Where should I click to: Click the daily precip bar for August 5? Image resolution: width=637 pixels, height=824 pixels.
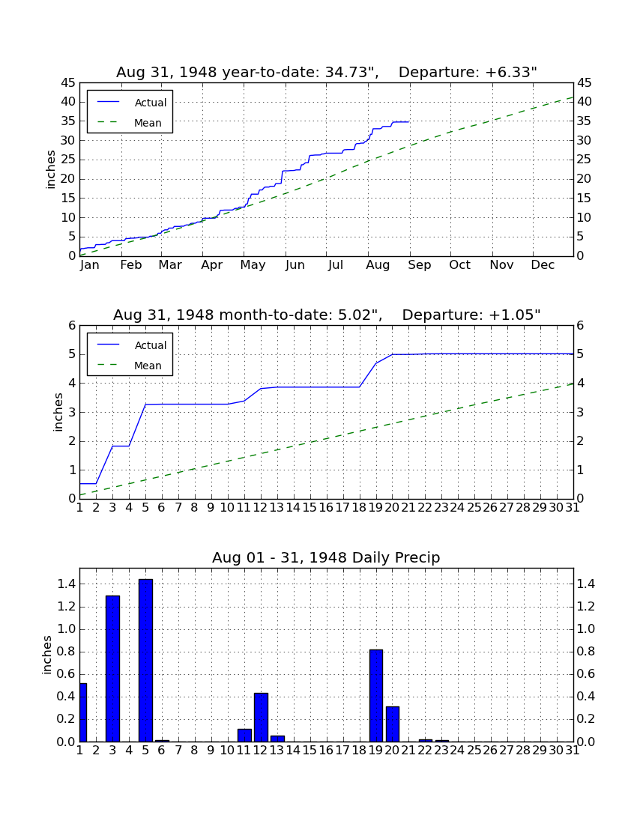pos(145,660)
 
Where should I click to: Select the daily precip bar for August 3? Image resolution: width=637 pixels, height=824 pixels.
pos(112,668)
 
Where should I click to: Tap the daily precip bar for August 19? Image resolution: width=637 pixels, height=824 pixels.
pos(375,695)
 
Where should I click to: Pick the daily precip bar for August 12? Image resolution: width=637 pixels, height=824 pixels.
pos(261,718)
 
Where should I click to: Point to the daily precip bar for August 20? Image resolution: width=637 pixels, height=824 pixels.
pos(393,724)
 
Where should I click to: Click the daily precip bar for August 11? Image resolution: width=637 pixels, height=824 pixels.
pos(244,735)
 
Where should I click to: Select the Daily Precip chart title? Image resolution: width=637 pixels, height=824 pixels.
pos(326,557)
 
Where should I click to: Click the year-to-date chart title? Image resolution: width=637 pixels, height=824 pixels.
pos(327,72)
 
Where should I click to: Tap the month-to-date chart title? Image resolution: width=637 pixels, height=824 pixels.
pos(327,315)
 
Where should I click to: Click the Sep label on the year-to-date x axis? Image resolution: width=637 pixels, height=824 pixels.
pos(420,265)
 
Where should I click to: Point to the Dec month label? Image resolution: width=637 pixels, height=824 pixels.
pos(543,265)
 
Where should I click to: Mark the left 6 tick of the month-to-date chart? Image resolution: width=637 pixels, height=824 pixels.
pos(73,325)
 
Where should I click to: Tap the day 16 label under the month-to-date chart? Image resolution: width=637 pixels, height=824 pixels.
pos(326,508)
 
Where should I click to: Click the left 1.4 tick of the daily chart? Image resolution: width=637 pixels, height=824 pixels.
pos(66,584)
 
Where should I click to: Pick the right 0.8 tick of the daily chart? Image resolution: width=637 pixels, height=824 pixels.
pos(586,652)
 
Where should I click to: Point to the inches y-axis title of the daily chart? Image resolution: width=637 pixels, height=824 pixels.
pos(46,655)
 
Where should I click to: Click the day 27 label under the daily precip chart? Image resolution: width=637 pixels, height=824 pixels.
pos(507,751)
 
